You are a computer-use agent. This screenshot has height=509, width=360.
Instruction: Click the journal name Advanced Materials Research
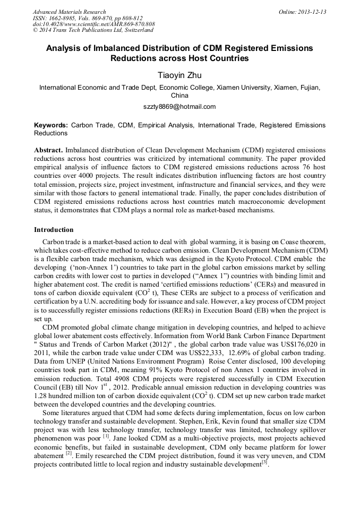coord(69,12)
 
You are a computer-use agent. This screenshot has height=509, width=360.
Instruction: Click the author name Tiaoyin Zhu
coord(179,76)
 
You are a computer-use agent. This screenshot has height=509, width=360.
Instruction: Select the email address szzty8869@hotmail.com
coord(179,106)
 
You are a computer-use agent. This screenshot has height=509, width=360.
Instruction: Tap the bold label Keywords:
coord(50,125)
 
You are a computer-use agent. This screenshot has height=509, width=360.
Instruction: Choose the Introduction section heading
coord(54,230)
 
